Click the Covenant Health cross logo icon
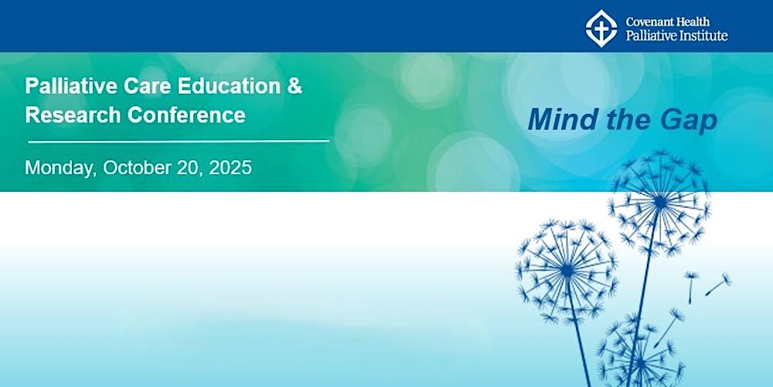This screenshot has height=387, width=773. point(601,28)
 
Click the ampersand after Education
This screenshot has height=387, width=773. point(295,87)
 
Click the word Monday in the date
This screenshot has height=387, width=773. point(59,168)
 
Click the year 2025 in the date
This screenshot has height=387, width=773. point(230,168)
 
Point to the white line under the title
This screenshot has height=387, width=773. point(179,141)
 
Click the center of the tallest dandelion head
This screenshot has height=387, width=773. point(660,201)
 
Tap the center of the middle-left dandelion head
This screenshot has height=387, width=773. point(567,270)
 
